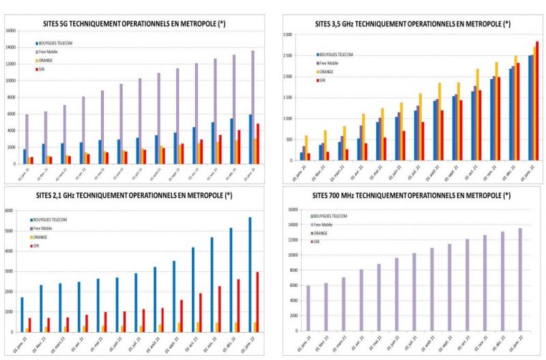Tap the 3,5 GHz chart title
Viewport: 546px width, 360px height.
click(x=412, y=24)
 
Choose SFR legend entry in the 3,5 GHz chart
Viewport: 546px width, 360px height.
click(x=326, y=80)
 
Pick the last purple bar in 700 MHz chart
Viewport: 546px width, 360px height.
click(x=520, y=280)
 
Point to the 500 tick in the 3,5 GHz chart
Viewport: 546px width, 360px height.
click(x=289, y=140)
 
